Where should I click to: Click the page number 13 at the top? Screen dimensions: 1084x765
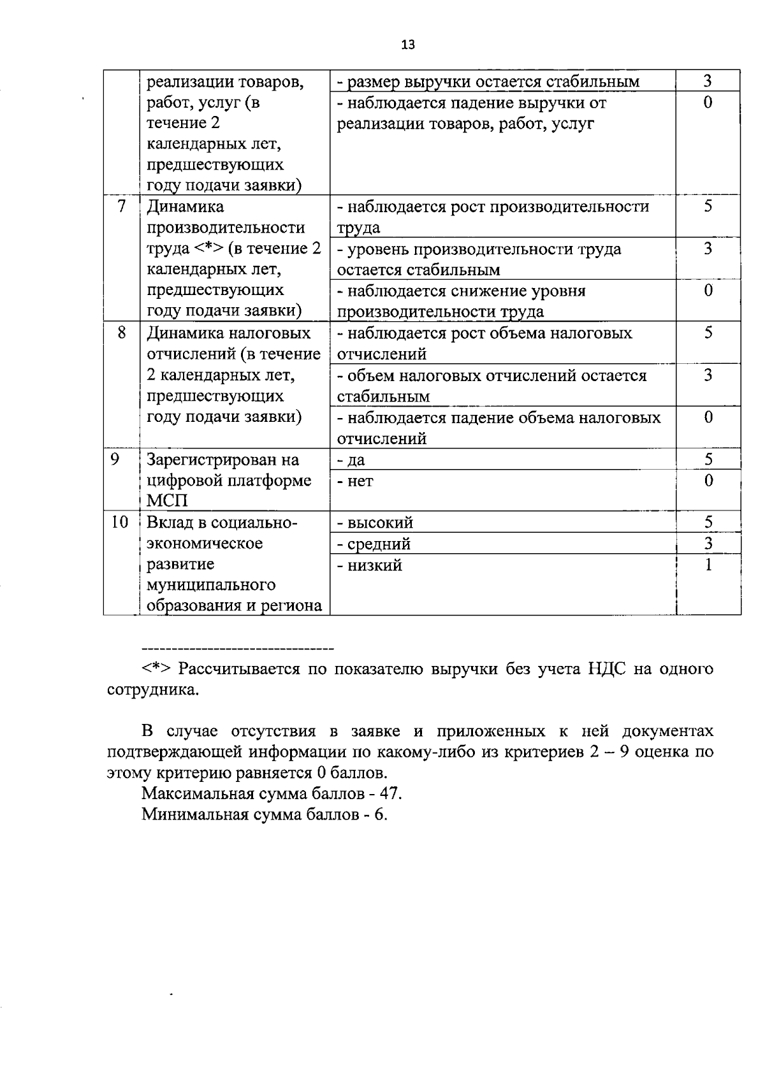(408, 45)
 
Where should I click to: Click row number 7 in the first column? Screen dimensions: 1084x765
(121, 206)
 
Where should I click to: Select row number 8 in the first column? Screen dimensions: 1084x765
(121, 333)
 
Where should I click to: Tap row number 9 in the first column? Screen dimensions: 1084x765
(115, 459)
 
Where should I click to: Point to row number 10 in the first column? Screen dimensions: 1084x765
(119, 522)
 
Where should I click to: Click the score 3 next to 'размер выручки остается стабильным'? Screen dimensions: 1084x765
(708, 81)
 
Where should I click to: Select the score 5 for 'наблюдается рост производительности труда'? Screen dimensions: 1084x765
(708, 206)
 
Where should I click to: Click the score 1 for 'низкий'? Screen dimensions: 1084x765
(708, 565)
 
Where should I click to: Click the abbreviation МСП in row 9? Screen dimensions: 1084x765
(167, 501)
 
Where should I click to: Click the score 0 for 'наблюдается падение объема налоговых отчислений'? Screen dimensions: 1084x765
(708, 417)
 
